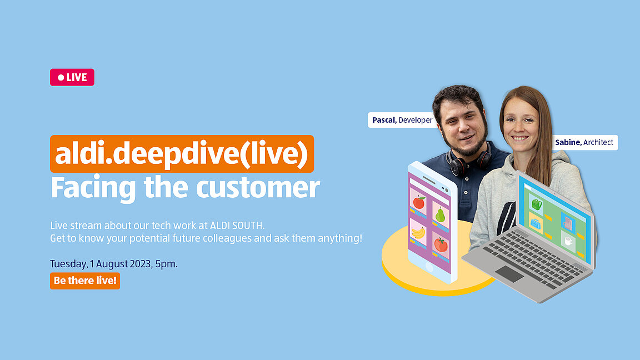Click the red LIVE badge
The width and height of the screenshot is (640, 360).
click(72, 77)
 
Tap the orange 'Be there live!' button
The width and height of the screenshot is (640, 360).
click(85, 281)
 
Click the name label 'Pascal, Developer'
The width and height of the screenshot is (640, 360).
click(402, 120)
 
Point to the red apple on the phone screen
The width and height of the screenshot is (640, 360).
click(419, 202)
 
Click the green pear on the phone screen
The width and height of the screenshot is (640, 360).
click(440, 214)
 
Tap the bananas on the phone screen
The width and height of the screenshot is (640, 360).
click(418, 233)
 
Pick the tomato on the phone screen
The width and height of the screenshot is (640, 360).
click(441, 244)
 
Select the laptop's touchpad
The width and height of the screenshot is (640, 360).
click(509, 274)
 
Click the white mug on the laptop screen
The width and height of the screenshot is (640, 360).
click(568, 241)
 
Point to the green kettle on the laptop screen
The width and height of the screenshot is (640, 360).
click(537, 204)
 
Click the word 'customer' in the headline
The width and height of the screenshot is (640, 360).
click(258, 187)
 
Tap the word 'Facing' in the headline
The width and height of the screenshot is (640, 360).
click(93, 188)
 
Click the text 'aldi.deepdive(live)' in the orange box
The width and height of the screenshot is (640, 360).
click(182, 154)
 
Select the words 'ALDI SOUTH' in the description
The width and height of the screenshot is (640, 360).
click(237, 226)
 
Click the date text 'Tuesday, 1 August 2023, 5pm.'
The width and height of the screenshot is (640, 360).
click(114, 264)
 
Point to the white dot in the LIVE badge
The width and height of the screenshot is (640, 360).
click(61, 78)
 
